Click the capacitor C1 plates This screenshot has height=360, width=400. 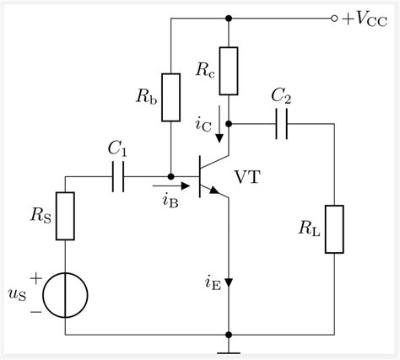(119, 176)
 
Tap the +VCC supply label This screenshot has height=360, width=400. (365, 18)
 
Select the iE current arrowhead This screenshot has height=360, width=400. (229, 283)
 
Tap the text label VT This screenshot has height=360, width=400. (248, 177)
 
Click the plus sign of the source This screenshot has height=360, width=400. (36, 276)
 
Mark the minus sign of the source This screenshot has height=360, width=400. (36, 311)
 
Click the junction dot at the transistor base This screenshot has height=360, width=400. (170, 176)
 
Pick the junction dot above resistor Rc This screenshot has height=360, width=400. (229, 18)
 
